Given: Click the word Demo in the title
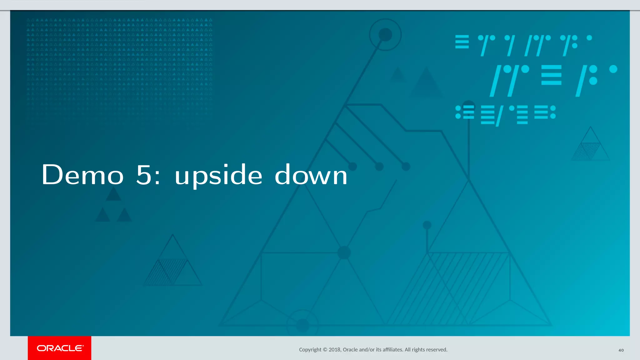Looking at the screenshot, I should (x=82, y=175).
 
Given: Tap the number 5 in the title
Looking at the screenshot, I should (x=144, y=175).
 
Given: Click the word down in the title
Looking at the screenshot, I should (x=311, y=175).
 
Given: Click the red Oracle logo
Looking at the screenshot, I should (x=60, y=348).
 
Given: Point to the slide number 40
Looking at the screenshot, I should (x=621, y=350).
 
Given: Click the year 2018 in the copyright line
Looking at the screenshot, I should (x=334, y=350).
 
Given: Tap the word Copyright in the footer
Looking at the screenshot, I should (x=310, y=350).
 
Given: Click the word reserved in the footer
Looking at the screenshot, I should (x=436, y=350).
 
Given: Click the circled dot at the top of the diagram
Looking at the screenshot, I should (x=385, y=35).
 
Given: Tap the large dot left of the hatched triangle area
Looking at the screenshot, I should (x=344, y=252).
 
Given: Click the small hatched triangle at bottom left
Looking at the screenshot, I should (x=172, y=269).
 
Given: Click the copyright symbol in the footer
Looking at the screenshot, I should (x=325, y=350).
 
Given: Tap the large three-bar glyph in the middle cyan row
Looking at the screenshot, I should (x=551, y=75).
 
